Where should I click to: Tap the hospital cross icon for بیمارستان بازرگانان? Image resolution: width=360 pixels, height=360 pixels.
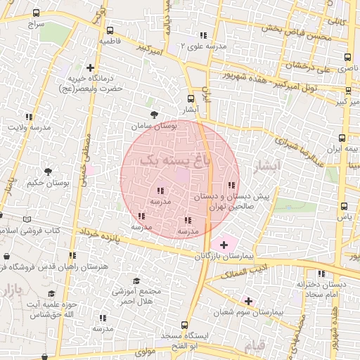pyautogui.click(x=224, y=245)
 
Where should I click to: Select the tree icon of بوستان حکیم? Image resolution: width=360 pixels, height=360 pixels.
pyautogui.click(x=48, y=172)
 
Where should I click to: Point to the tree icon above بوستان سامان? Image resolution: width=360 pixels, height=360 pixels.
pyautogui.click(x=153, y=114)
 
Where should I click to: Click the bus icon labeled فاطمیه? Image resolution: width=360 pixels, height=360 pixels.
pyautogui.click(x=110, y=30)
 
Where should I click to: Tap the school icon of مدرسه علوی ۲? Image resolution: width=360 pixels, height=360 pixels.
pyautogui.click(x=203, y=35)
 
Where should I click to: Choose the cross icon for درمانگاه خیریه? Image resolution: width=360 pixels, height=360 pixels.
pyautogui.click(x=90, y=67)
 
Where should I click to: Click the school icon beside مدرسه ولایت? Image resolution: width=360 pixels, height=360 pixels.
pyautogui.click(x=29, y=117)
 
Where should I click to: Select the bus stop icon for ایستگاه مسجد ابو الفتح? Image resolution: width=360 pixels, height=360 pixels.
pyautogui.click(x=185, y=325)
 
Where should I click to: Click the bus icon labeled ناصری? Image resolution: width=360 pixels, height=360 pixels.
pyautogui.click(x=347, y=57)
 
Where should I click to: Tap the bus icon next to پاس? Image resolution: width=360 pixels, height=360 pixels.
pyautogui.click(x=344, y=206)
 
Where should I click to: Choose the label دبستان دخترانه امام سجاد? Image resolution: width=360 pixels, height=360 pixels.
pyautogui.click(x=321, y=288)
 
